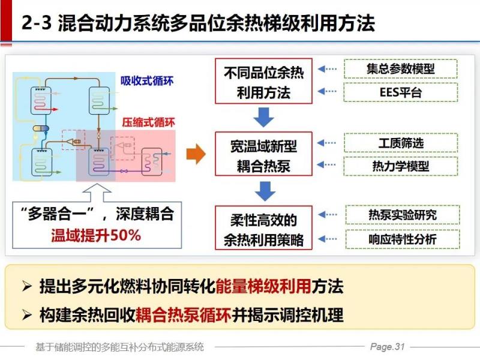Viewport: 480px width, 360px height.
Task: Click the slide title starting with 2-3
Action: [198, 23]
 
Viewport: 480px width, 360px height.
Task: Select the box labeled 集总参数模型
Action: [401, 68]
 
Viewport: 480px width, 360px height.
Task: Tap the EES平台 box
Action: [401, 92]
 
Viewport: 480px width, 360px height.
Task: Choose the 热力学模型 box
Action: [401, 166]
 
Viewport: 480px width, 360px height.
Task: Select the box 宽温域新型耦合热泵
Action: [264, 155]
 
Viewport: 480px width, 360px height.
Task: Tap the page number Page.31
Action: [388, 347]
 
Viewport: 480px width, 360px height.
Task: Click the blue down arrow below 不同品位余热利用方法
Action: [264, 116]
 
